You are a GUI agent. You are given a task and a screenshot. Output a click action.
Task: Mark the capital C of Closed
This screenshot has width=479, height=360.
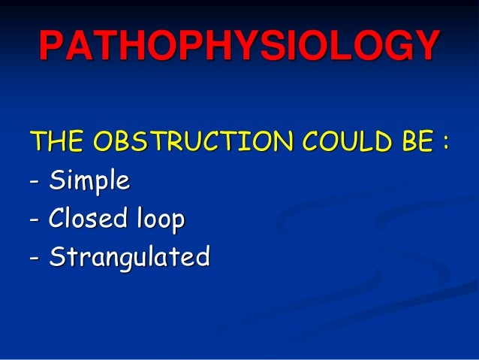pos(57,219)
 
